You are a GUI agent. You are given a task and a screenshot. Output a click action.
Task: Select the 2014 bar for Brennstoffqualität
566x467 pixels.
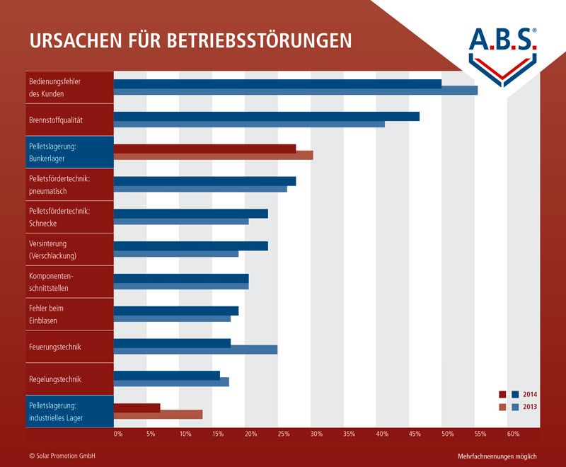point(266,116)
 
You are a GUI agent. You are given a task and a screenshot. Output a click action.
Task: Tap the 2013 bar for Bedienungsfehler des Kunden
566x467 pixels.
point(295,91)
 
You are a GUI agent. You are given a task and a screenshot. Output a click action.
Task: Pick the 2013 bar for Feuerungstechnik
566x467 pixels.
point(195,350)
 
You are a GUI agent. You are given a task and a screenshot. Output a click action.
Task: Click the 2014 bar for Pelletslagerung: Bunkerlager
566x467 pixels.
point(204,149)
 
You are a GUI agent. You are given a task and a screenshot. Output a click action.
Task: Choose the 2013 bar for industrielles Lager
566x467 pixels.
point(158,414)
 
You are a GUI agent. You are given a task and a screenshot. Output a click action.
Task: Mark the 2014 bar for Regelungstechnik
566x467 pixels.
point(166,375)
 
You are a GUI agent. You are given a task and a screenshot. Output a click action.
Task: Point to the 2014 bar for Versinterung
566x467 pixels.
point(190,246)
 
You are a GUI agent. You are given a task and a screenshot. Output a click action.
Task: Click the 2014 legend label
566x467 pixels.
point(530,395)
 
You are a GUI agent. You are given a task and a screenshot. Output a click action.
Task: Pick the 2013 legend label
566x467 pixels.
point(530,407)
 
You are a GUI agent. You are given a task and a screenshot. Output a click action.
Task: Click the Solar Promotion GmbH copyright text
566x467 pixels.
point(62,456)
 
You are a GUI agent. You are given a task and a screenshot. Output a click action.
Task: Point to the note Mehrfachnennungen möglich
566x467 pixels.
point(497,456)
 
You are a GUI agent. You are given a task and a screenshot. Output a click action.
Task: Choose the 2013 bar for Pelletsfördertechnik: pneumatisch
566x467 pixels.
point(200,189)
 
